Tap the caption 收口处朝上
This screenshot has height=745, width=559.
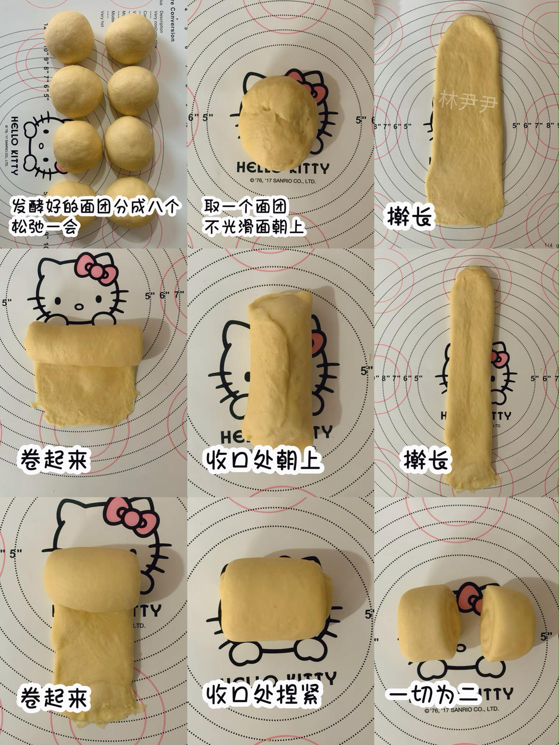(x=262, y=460)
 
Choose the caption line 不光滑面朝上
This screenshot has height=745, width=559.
(x=253, y=227)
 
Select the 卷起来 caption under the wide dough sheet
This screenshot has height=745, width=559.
(x=54, y=459)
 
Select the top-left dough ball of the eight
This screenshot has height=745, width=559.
(x=69, y=37)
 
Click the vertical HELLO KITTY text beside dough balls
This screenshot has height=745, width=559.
(x=14, y=145)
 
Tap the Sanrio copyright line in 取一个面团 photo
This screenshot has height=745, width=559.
(x=283, y=181)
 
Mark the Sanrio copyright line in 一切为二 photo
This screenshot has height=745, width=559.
(x=462, y=710)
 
